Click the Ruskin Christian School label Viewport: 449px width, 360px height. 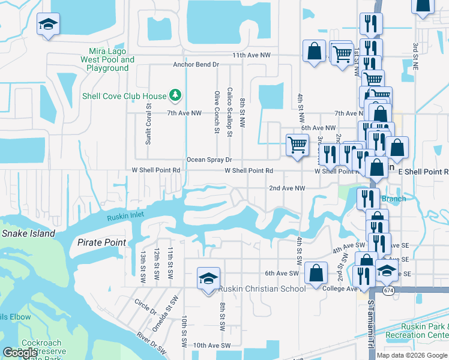[262, 289]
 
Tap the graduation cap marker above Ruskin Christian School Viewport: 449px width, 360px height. [208, 278]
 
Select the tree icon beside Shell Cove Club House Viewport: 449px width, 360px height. [175, 95]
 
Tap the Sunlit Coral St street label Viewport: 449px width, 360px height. [148, 124]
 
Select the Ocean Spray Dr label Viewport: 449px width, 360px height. [209, 160]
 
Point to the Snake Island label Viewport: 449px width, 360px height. [28, 233]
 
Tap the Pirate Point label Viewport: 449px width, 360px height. [101, 242]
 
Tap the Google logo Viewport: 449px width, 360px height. [20, 352]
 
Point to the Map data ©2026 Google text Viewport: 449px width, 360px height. [412, 355]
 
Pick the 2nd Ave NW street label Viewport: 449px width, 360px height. [287, 188]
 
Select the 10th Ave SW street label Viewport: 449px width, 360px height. [212, 346]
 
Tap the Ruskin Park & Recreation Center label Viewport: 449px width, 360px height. [417, 331]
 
